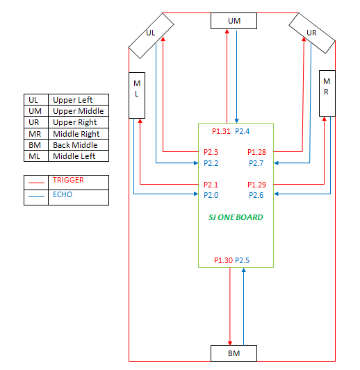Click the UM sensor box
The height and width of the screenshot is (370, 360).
(234, 21)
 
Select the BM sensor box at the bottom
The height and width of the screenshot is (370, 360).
(234, 353)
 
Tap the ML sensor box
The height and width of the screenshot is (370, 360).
(137, 95)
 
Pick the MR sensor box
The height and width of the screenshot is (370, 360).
(327, 93)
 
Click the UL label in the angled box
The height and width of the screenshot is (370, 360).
(151, 33)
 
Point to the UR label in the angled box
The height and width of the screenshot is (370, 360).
(311, 33)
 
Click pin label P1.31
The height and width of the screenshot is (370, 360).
(221, 131)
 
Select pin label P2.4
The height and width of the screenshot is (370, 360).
(242, 131)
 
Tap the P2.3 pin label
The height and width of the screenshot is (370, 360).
(211, 152)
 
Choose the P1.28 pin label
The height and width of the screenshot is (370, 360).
(256, 152)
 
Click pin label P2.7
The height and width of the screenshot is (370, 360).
(256, 163)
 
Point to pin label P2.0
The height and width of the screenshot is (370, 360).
(211, 195)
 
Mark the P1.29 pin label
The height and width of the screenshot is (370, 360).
(256, 185)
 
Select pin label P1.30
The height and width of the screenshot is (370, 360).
(223, 260)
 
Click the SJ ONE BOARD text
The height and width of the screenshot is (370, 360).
(236, 217)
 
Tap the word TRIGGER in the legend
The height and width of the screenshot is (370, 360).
(68, 180)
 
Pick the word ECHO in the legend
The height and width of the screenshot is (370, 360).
(63, 194)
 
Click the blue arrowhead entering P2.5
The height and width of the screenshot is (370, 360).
(243, 270)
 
